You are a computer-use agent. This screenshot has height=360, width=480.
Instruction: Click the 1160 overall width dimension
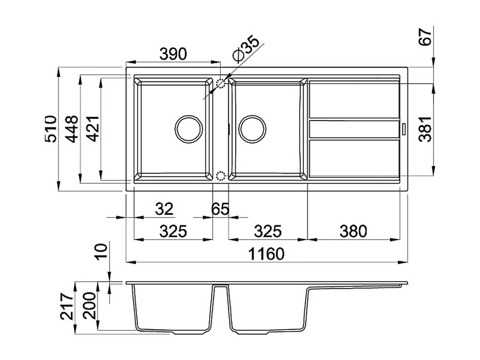(266, 254)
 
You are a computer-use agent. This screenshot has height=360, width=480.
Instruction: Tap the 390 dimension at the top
(173, 54)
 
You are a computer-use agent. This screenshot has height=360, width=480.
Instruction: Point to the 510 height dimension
(51, 129)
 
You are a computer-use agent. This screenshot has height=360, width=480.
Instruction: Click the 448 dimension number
(72, 129)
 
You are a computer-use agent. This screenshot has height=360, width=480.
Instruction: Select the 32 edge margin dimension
(164, 209)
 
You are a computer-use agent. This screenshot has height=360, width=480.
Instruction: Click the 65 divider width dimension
(220, 209)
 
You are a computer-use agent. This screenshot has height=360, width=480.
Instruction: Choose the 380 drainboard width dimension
(353, 232)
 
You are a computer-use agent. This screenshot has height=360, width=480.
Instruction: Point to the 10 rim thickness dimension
(101, 252)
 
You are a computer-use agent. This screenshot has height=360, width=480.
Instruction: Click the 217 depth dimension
(67, 307)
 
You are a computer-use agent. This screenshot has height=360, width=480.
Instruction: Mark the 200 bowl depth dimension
(90, 306)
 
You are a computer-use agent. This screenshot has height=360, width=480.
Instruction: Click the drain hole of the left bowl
(188, 129)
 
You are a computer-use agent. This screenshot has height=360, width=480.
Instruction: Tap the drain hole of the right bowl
(252, 129)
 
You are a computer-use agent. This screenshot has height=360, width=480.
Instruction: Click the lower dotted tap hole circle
(220, 176)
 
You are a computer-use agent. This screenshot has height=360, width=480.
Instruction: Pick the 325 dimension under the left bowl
(173, 232)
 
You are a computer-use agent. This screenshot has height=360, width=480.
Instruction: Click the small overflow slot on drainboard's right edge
(404, 129)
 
